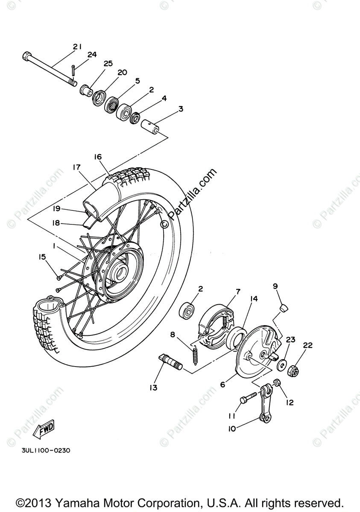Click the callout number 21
click(77, 47)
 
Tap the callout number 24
click(92, 55)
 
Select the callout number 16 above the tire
click(98, 157)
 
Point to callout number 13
click(153, 387)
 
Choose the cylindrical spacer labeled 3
click(152, 126)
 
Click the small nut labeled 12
click(277, 383)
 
